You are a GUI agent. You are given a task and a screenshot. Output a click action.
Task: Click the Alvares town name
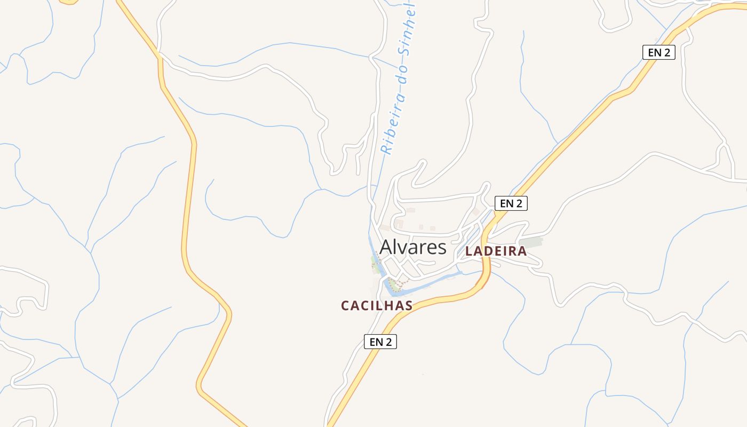click(412, 247)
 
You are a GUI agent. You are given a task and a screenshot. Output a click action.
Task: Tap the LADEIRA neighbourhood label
click(496, 251)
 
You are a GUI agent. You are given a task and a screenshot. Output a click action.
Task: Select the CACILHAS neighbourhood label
click(377, 305)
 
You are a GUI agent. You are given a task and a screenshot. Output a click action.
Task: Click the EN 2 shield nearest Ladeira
click(511, 203)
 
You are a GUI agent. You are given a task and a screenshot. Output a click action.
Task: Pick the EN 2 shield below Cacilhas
click(380, 342)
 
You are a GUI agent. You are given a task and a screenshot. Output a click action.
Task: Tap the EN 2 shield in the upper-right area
click(658, 52)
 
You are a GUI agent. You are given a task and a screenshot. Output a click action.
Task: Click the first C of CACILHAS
click(345, 306)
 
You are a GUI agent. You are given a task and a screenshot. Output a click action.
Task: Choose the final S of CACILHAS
click(409, 306)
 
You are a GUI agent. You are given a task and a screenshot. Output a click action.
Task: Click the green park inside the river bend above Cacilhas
click(393, 283)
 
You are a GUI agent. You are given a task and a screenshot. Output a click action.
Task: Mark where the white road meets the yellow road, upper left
click(160, 55)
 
